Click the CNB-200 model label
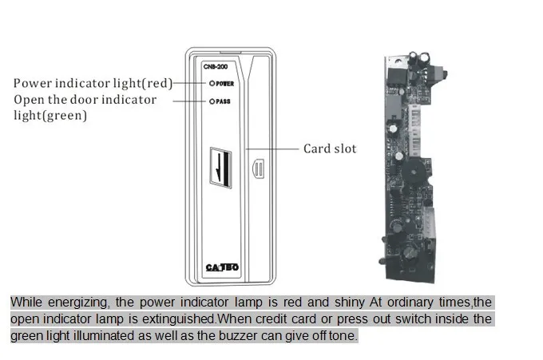216,66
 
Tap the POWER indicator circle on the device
212,84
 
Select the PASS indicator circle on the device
212,101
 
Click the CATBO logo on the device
222,267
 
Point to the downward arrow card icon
220,168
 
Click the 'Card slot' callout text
330,148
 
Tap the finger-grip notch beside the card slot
259,168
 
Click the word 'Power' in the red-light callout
33,84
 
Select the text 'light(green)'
50,115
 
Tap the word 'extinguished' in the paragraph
179,318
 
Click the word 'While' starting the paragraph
26,303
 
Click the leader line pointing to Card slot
272,149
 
